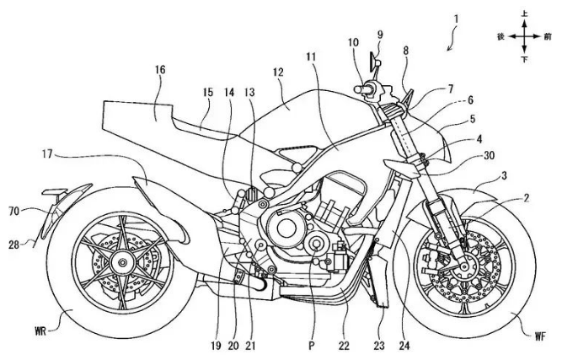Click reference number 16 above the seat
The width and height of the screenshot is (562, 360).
(x=158, y=74)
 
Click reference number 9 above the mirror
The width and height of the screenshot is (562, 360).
(x=379, y=35)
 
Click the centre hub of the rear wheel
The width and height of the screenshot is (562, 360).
(x=116, y=253)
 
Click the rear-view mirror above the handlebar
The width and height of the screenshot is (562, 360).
(x=371, y=62)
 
